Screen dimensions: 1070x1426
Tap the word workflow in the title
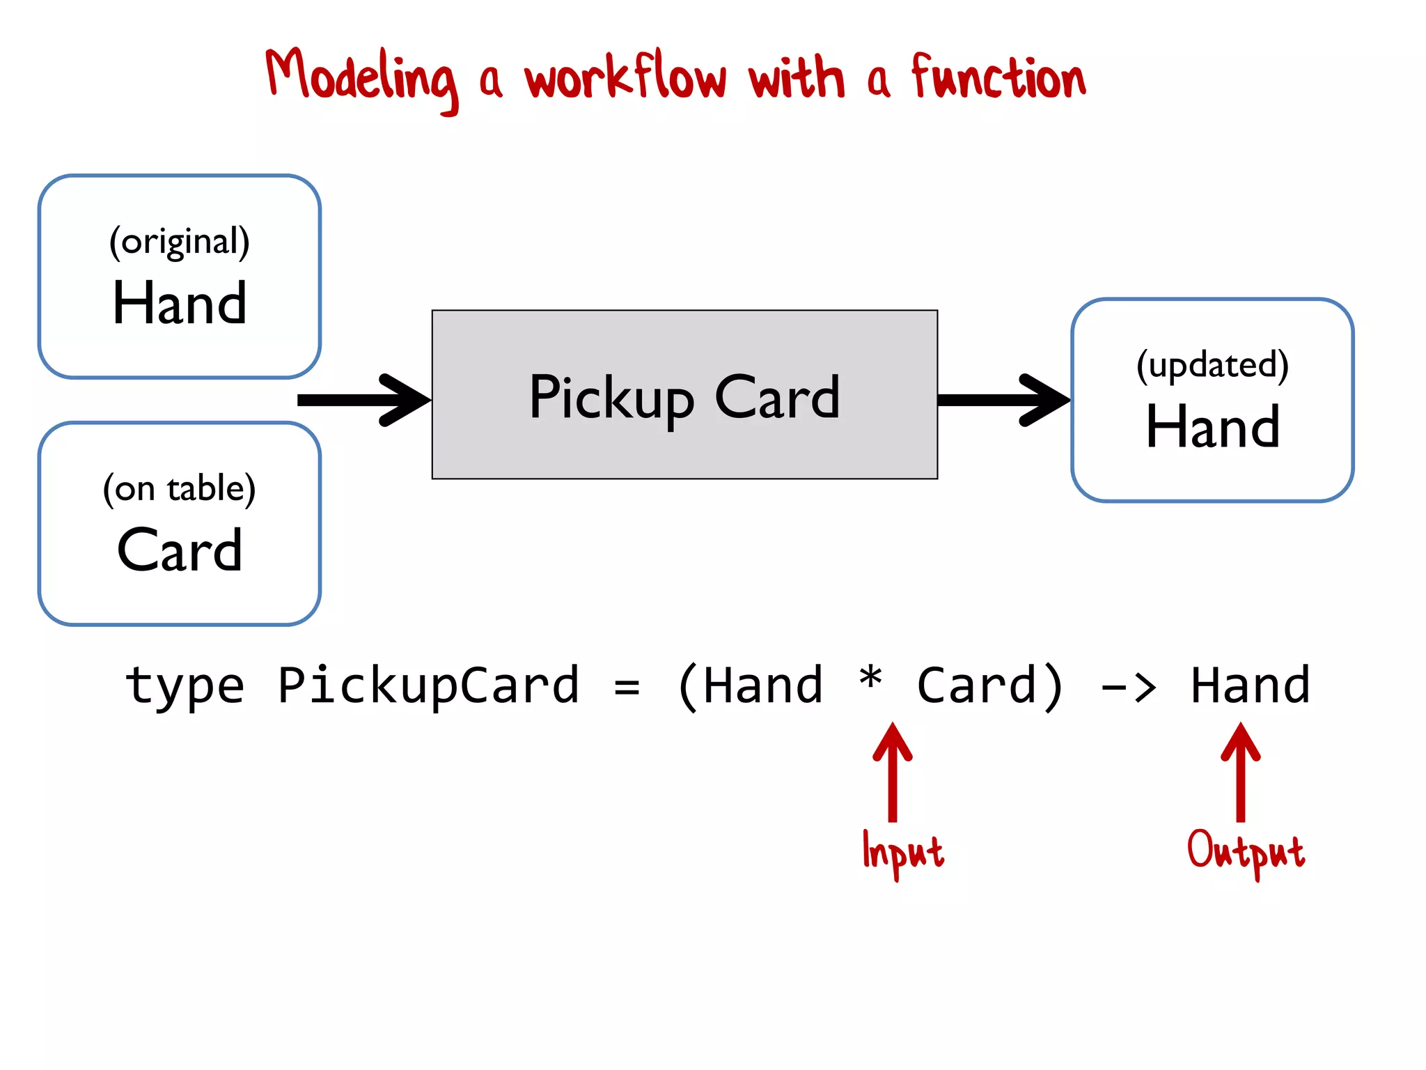pos(625,77)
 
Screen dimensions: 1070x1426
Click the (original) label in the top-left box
pos(180,242)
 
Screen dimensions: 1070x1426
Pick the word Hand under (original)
pos(180,304)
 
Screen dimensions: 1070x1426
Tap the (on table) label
pos(180,489)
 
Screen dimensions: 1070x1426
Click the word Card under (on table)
pos(180,550)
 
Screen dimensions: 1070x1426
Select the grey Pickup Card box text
pos(684,396)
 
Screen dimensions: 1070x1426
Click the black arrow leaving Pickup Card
pos(1003,400)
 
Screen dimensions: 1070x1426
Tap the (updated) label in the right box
pos(1212,365)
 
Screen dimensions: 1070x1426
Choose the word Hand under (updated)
pos(1212,426)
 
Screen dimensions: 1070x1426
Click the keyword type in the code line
pos(185,686)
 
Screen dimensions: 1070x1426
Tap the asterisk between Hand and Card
pos(870,678)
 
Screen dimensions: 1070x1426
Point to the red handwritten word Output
pos(1246,851)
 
